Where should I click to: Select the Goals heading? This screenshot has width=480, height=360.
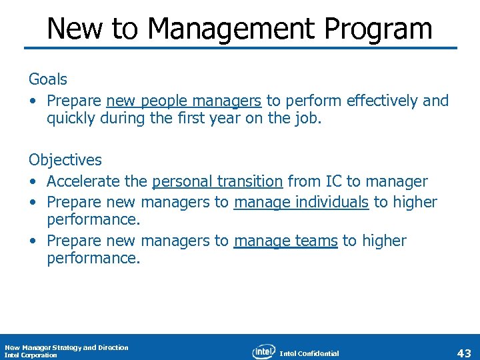pos(48,79)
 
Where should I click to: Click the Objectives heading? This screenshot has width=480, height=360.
pos(65,160)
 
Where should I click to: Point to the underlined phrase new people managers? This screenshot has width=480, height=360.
pos(183,101)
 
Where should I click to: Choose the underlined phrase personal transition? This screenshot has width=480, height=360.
pos(217,181)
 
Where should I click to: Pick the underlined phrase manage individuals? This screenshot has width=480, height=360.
pos(301,202)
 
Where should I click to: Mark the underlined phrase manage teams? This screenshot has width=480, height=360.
pos(285,241)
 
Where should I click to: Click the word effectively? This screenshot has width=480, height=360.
pos(384,101)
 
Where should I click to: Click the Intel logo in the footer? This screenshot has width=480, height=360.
pos(264,351)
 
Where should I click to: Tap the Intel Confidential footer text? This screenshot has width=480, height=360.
pos(309,353)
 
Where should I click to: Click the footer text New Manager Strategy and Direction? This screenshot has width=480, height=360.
pos(67,347)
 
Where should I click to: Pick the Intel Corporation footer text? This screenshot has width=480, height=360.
pos(31,355)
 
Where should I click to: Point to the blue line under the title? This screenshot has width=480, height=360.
pos(240,48)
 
